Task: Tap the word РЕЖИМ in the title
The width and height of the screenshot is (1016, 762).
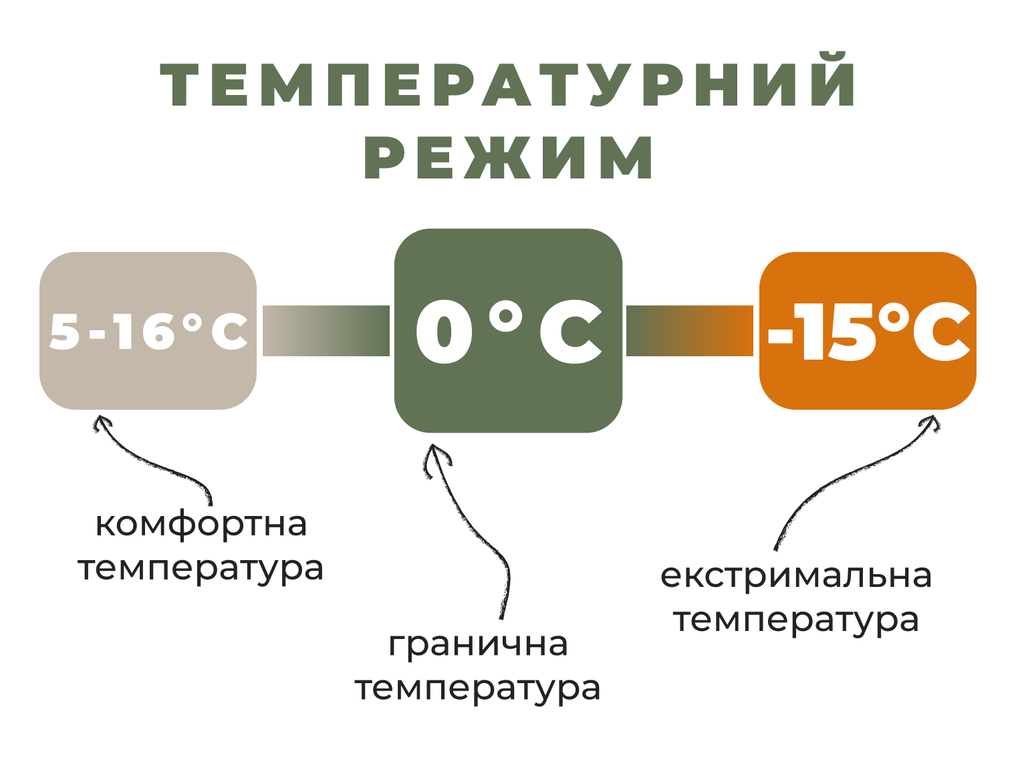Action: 508,157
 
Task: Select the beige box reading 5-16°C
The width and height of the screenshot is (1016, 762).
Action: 148,331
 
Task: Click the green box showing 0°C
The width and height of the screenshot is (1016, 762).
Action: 508,331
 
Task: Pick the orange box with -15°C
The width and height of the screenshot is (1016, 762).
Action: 868,331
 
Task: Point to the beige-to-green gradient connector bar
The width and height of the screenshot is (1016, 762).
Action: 326,331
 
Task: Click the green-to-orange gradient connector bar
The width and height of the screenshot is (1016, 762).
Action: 690,331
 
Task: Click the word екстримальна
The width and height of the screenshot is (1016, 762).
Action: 796,576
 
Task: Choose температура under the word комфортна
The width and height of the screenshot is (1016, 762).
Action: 201,569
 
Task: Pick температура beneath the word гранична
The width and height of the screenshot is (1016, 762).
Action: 478,689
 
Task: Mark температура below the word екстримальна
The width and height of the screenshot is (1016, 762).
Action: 796,620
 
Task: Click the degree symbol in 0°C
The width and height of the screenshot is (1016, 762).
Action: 507,316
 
